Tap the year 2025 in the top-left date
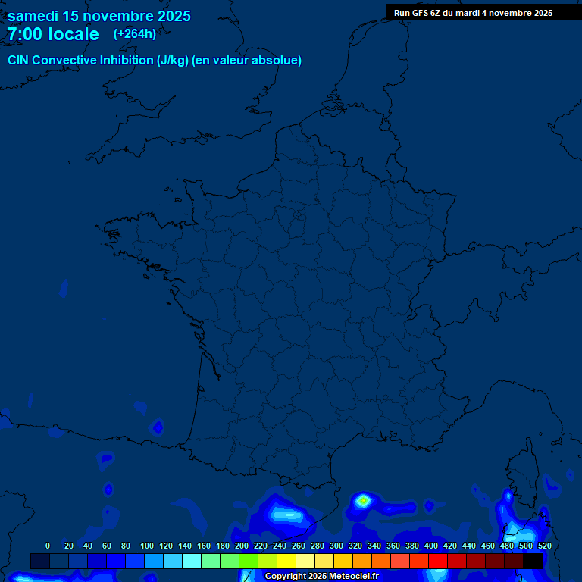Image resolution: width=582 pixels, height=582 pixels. tap(172, 16)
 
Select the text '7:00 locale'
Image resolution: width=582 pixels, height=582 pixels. tap(53, 34)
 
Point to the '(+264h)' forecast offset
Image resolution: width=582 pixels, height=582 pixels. tap(134, 33)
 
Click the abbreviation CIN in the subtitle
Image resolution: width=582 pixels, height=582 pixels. tap(20, 61)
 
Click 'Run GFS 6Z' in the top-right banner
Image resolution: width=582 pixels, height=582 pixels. tap(417, 13)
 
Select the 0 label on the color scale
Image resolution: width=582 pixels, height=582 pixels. tap(48, 546)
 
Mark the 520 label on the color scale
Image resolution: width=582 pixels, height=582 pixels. tap(544, 546)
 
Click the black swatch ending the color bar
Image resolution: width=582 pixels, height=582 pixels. tap(533, 561)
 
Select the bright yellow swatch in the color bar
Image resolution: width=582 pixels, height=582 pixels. tap(286, 561)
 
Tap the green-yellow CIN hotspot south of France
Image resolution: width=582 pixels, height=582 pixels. tap(363, 500)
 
